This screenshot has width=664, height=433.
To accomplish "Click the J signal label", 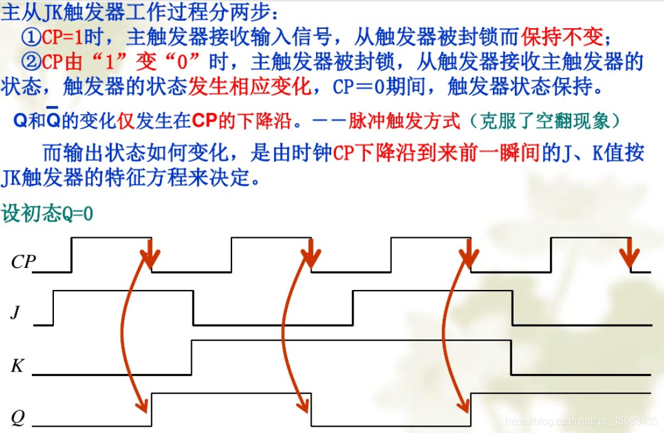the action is click(17, 311).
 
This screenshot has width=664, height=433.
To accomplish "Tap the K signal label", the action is click(17, 365).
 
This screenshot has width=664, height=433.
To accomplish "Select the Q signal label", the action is click(17, 416).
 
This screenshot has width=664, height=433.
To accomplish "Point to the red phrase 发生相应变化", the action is click(250, 86).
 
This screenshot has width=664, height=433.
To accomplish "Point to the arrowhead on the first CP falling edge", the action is click(149, 257).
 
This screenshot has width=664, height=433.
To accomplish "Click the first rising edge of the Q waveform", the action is click(151, 407).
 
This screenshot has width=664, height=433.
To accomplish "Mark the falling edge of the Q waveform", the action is click(311, 407).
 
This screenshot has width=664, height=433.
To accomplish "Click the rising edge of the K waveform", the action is click(191, 357).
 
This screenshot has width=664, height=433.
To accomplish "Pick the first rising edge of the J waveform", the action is click(53, 308).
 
